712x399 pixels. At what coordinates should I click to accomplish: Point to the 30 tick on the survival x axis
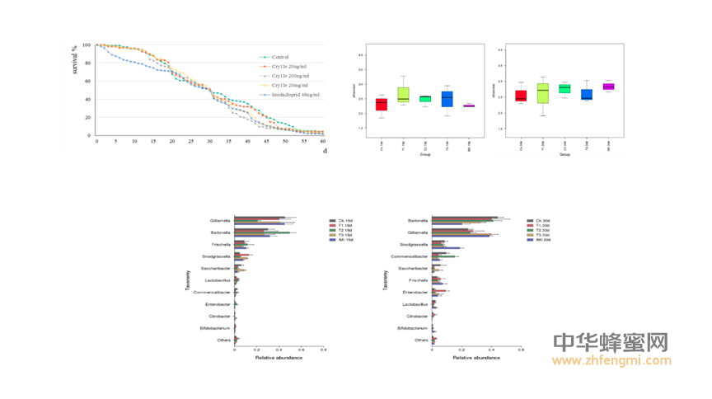(x=209, y=141)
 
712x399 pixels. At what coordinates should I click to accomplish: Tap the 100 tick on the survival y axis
(x=87, y=45)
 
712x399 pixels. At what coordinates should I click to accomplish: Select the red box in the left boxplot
(x=382, y=104)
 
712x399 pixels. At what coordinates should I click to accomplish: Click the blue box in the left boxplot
(x=447, y=99)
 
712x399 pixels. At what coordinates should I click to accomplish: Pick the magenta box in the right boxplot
(x=608, y=86)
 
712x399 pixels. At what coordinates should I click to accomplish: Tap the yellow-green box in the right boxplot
(x=543, y=92)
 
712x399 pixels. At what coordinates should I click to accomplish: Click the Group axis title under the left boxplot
(x=425, y=153)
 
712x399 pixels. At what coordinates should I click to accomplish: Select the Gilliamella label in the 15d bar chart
(x=221, y=221)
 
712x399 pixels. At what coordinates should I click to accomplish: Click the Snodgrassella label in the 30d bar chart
(x=414, y=245)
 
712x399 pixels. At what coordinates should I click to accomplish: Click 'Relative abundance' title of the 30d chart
(x=475, y=357)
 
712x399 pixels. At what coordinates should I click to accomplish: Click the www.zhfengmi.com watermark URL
(x=610, y=360)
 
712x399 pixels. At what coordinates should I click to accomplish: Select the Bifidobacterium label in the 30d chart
(x=411, y=327)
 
